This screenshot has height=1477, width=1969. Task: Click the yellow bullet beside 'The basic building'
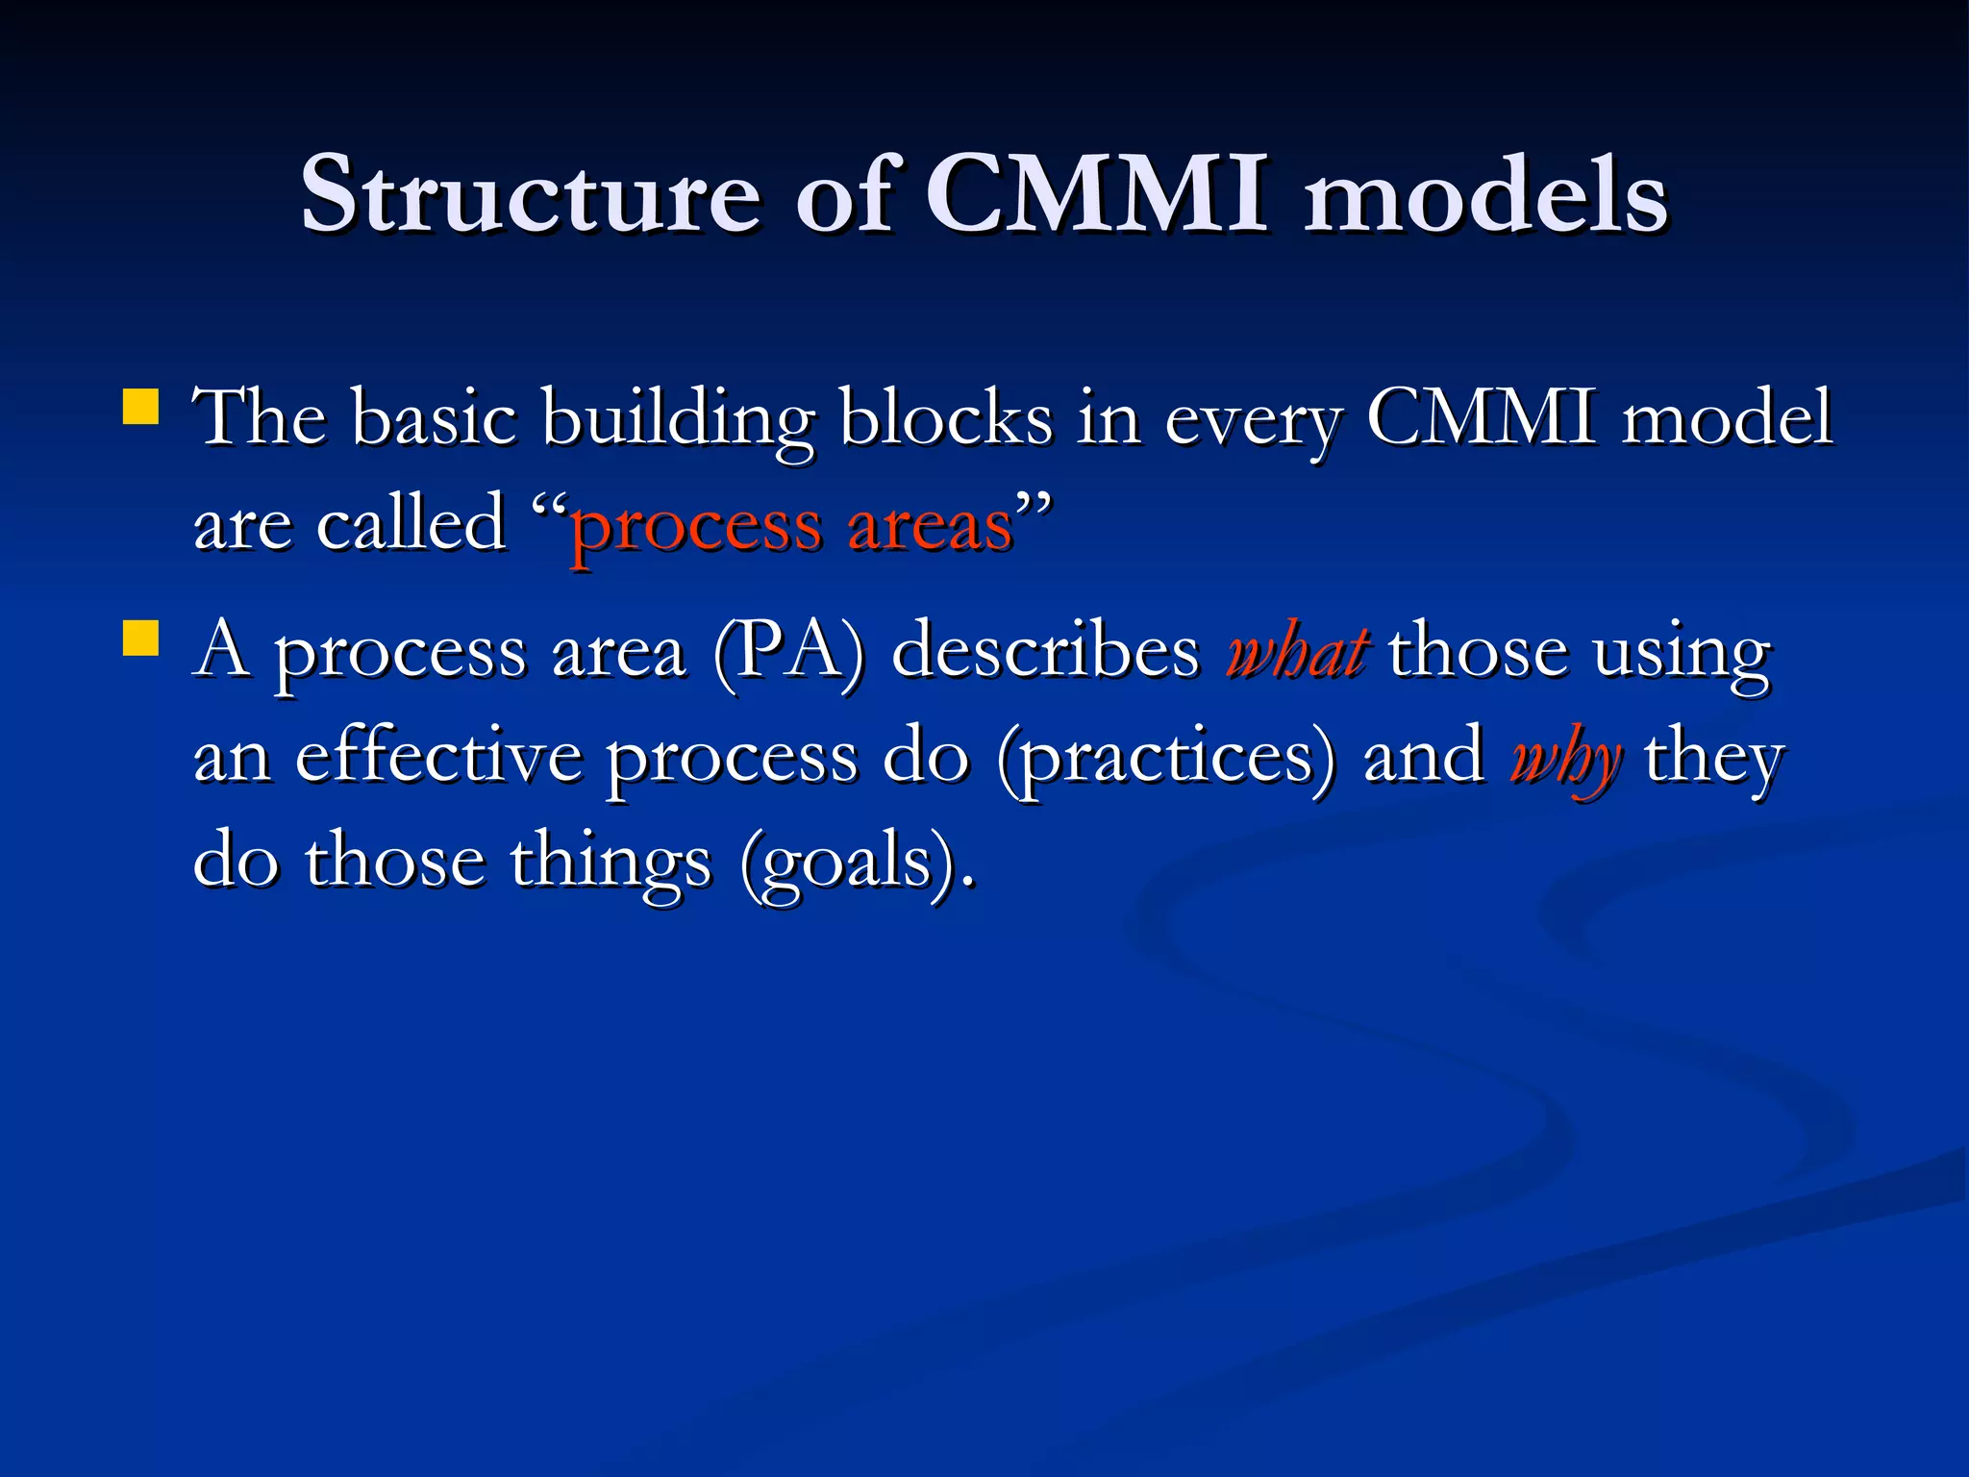click(x=140, y=406)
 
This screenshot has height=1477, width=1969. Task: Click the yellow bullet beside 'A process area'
click(x=140, y=638)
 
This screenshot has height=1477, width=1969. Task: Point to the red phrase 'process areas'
click(x=792, y=527)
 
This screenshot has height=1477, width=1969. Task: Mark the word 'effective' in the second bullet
click(x=438, y=758)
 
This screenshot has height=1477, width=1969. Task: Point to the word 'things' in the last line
click(x=611, y=863)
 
